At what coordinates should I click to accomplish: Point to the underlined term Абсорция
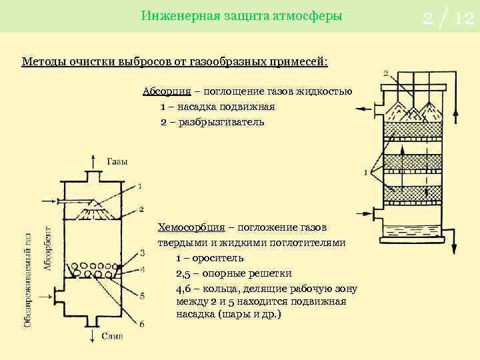162,91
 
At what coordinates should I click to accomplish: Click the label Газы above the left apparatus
117,161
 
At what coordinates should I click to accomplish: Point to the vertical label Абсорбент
49,248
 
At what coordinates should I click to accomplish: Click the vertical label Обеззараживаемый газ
28,280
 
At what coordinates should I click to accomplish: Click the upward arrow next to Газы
92,161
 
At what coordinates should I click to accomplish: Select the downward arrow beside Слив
92,336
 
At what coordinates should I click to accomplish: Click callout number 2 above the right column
386,72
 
